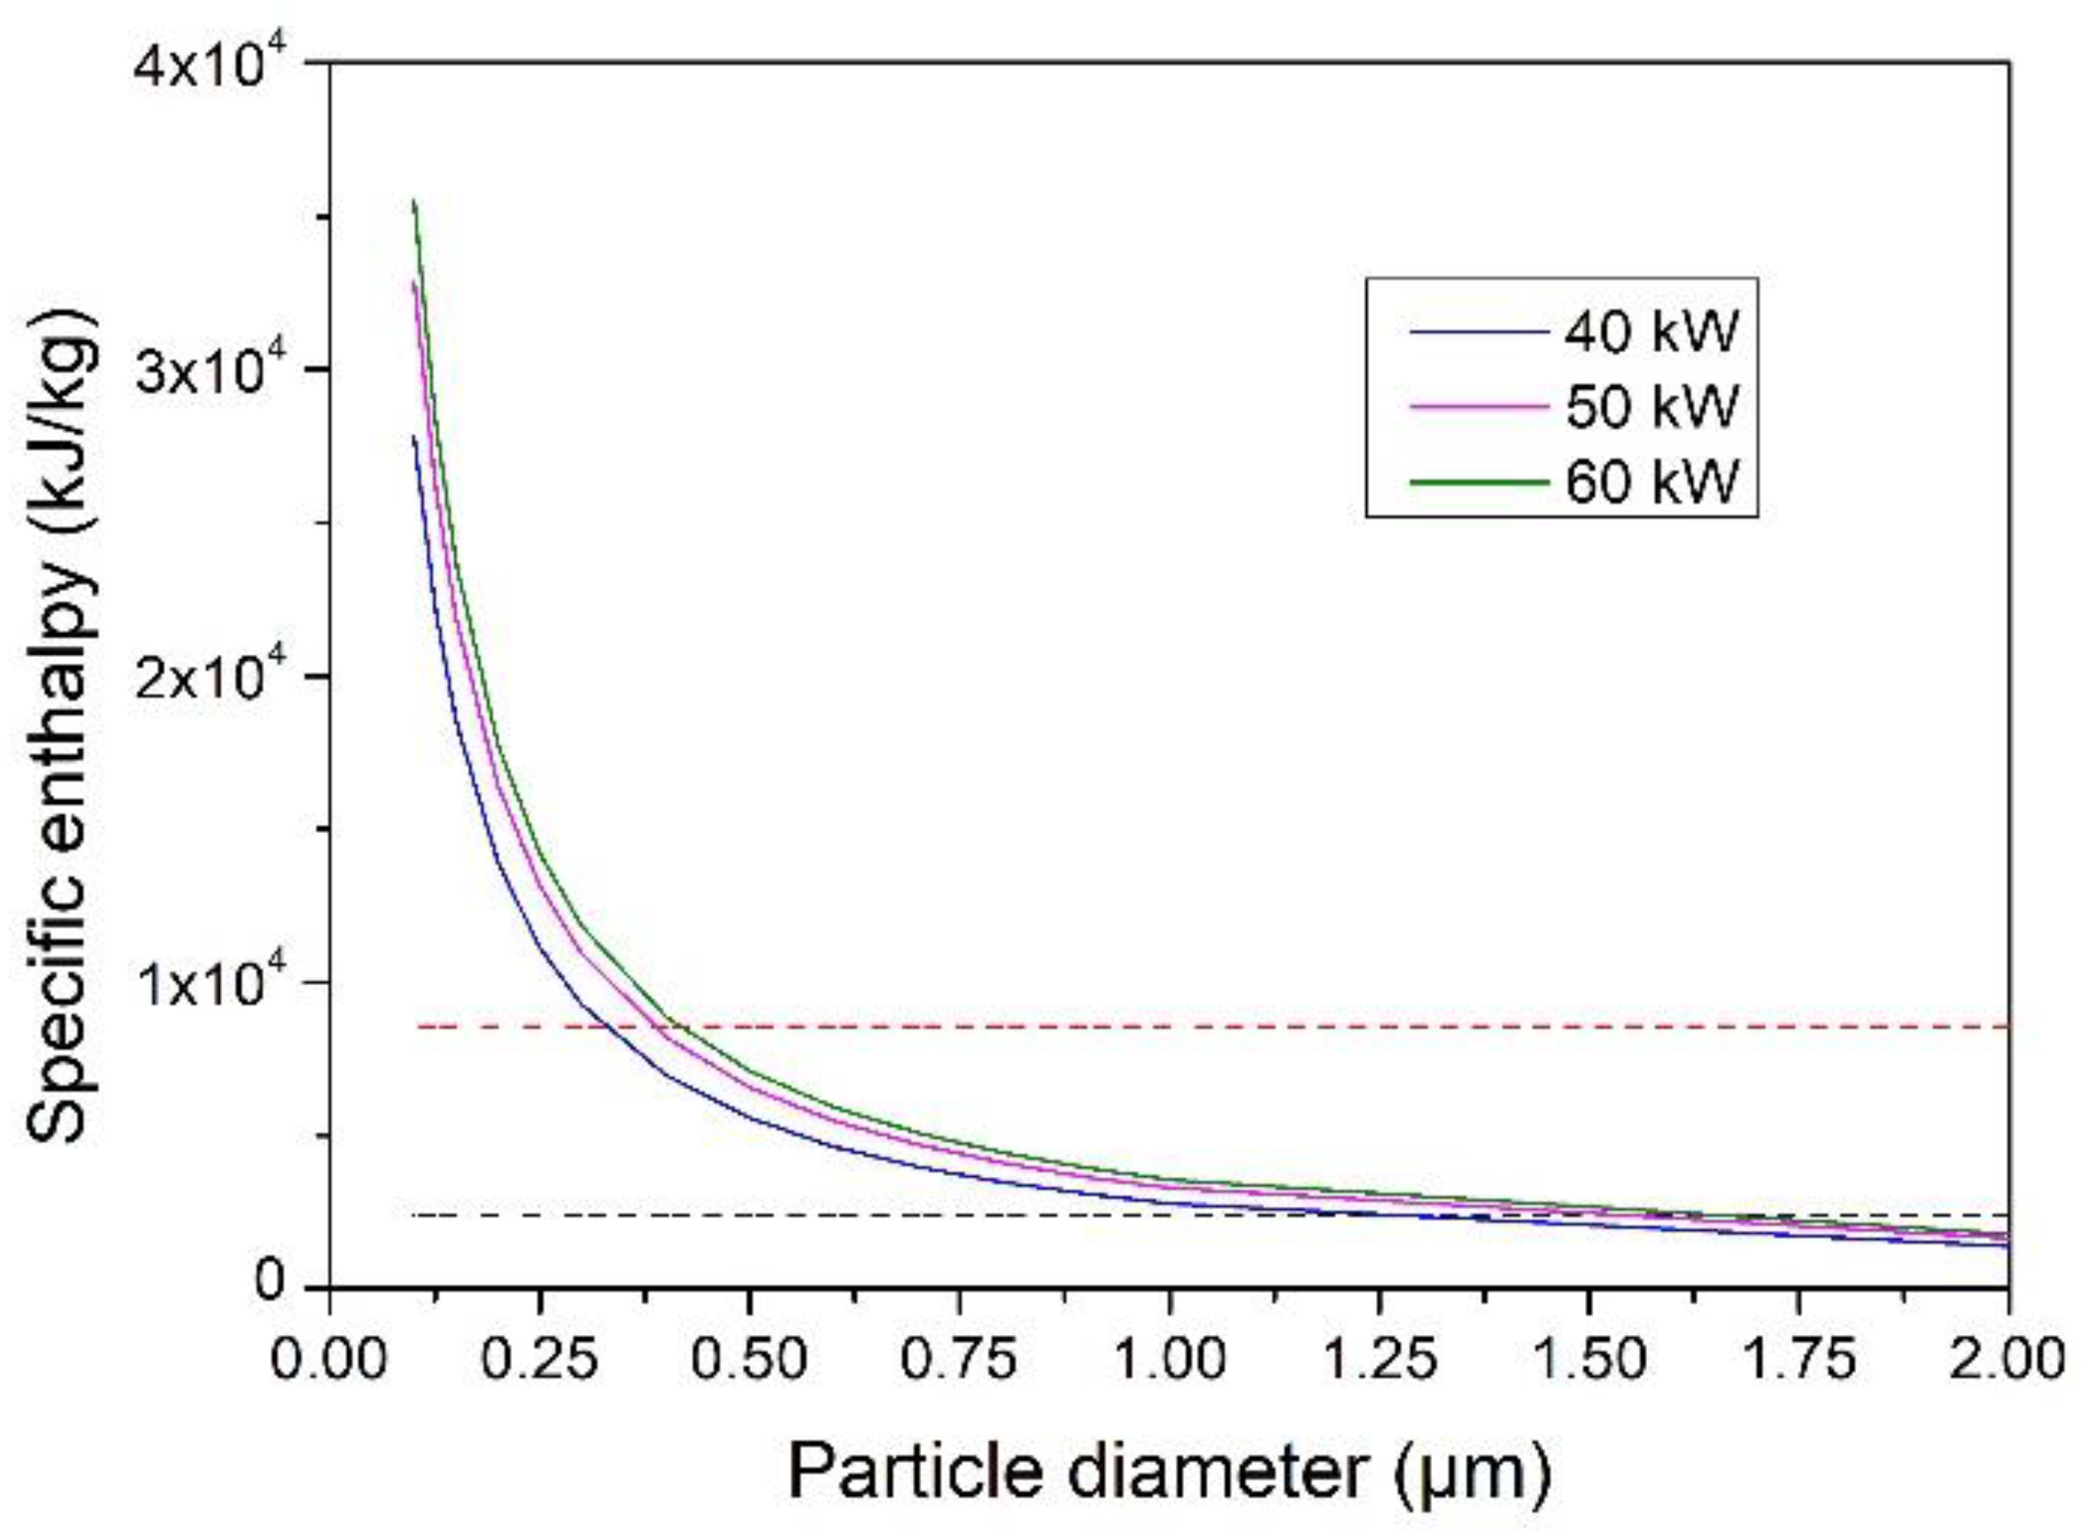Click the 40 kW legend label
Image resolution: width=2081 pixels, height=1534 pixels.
[1650, 331]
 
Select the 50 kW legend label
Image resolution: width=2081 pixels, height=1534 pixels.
[1650, 407]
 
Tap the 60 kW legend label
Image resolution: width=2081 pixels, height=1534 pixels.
[1650, 482]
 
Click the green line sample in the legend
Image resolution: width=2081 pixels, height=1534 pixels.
[1479, 482]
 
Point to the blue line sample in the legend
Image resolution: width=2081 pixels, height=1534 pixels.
[1479, 331]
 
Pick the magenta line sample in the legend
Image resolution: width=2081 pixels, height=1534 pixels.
[1479, 407]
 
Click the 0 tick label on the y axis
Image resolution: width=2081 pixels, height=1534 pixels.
[270, 1282]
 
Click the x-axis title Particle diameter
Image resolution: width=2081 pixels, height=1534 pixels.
[1169, 1471]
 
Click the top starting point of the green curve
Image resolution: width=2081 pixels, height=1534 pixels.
[414, 201]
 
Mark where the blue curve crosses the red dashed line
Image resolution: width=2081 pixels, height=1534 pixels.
[606, 1027]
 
